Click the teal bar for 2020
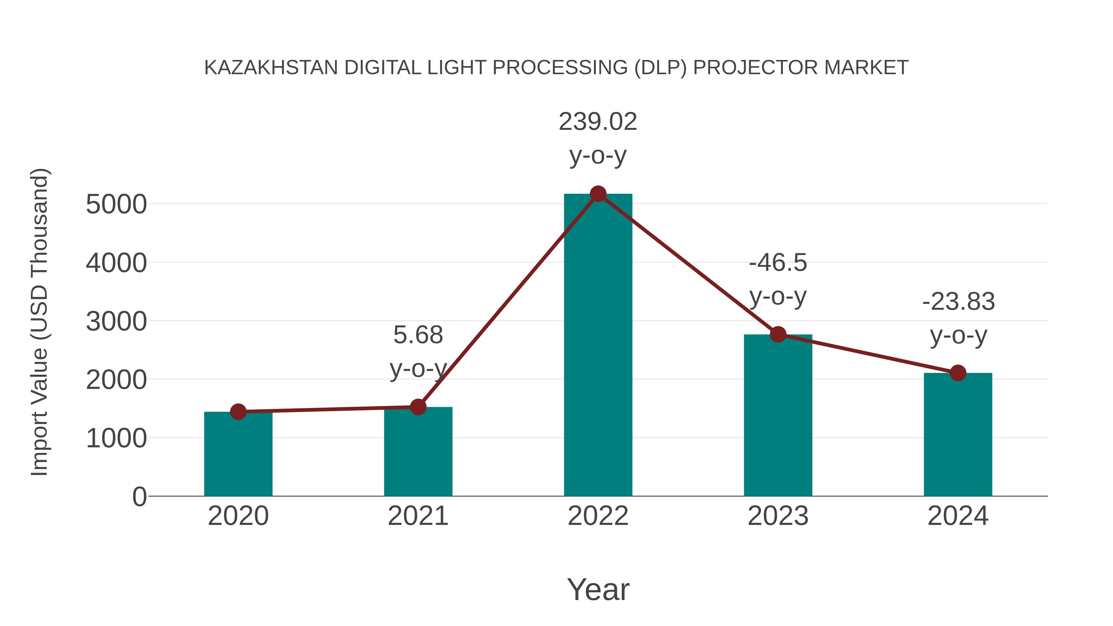238,456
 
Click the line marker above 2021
418,407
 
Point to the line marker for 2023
778,334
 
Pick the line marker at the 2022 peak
598,194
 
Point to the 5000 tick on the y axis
116,204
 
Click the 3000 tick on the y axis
116,322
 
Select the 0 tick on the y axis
139,497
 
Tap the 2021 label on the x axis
418,516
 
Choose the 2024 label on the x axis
958,516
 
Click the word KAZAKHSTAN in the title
271,68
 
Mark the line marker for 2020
238,412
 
